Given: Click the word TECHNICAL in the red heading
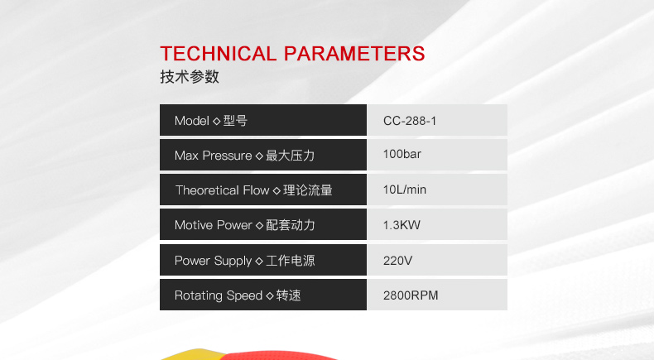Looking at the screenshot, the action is click(219, 54).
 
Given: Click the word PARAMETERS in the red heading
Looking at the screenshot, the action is click(354, 54).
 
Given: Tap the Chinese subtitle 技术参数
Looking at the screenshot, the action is click(190, 77).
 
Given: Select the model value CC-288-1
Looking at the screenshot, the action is click(410, 121).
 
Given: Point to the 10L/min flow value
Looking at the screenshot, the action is click(405, 190).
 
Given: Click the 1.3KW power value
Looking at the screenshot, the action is click(402, 225).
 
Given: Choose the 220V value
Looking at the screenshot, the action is click(397, 261).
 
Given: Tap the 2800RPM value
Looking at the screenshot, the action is click(411, 295).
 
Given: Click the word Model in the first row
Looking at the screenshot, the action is click(192, 121).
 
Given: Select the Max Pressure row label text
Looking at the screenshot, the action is click(213, 156).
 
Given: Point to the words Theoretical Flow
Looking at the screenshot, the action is click(223, 190).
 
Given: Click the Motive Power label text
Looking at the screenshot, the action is click(214, 225).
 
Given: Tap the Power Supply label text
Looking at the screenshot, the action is click(213, 261).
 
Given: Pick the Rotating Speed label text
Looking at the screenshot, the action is click(219, 295).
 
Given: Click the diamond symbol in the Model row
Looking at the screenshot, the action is click(216, 122).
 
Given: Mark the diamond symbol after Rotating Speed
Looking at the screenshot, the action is click(270, 295).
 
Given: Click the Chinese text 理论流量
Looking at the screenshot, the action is click(308, 190).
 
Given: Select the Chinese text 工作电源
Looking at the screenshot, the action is click(291, 261).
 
